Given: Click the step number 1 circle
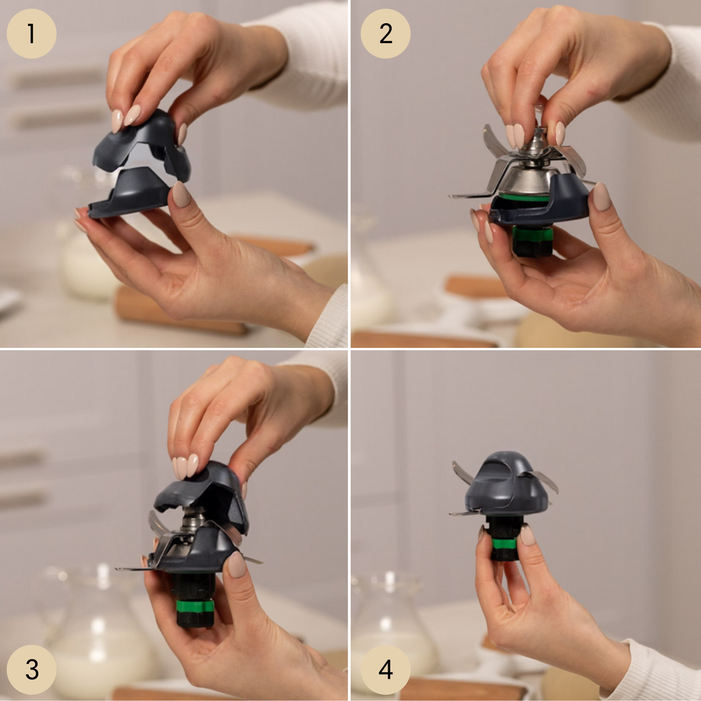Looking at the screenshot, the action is coord(31,34).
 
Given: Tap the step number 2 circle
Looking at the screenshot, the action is coord(385,34).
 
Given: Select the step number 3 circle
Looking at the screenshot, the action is coord(31,670).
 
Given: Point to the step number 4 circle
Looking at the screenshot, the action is coord(385,670).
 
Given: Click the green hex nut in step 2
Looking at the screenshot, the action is coord(533,233).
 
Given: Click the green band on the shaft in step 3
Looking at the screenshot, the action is coord(195,607).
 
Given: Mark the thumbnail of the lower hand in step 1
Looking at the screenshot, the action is coord(181,194).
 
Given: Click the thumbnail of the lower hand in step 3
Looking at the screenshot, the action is coord(236,564).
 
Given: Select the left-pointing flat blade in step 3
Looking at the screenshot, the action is coord(134,569).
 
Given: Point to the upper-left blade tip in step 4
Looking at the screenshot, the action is coord(455,463).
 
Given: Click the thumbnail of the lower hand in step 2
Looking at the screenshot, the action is coord(601,196).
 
